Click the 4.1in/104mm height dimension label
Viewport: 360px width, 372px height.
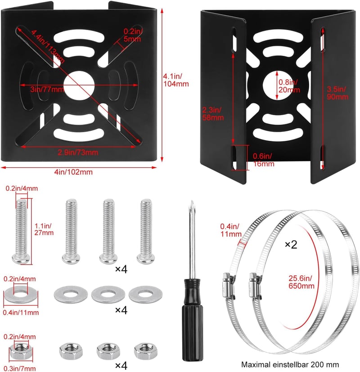[x=176, y=80]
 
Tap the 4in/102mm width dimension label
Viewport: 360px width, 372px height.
[x=73, y=172]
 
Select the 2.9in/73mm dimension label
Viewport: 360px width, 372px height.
[x=78, y=152]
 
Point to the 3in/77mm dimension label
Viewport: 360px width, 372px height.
[x=47, y=90]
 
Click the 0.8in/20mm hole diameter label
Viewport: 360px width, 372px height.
[x=289, y=86]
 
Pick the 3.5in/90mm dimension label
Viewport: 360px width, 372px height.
[x=337, y=93]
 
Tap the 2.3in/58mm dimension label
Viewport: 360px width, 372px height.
[x=213, y=114]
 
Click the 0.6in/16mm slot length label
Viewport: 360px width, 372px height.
[x=263, y=160]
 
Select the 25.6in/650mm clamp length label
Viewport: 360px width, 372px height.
[x=301, y=282]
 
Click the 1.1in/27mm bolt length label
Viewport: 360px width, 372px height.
[x=44, y=229]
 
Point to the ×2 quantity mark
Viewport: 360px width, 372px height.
[x=291, y=245]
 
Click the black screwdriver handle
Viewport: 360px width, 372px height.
[x=193, y=320]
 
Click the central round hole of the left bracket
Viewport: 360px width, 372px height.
[x=79, y=85]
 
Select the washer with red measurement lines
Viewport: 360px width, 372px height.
[x=21, y=295]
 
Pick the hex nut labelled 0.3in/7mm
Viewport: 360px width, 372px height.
[x=21, y=351]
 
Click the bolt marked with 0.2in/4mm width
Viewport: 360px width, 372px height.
[x=21, y=232]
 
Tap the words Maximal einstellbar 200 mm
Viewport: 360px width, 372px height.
[x=290, y=364]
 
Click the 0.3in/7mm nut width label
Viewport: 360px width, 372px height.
[x=20, y=368]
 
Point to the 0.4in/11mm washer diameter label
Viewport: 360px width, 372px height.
[x=21, y=313]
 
